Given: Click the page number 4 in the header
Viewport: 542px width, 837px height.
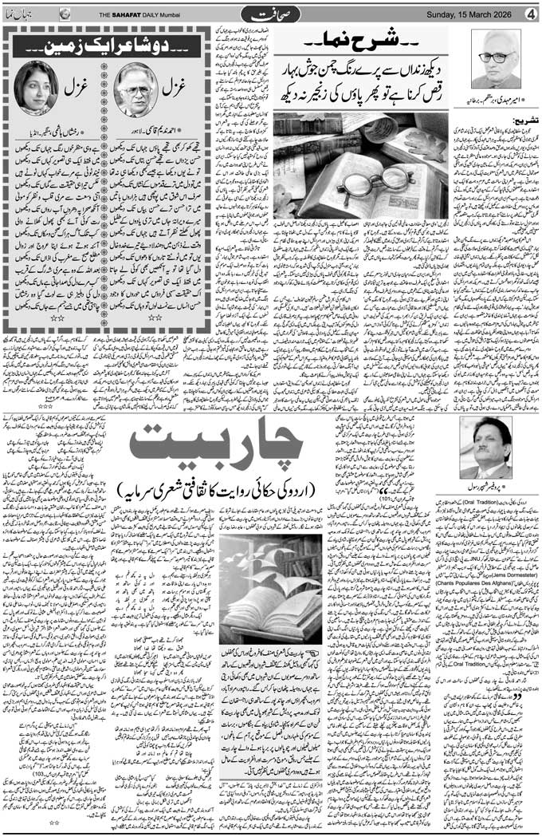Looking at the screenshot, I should (x=531, y=14).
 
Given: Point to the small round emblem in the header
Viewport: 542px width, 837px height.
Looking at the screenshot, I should (x=65, y=14).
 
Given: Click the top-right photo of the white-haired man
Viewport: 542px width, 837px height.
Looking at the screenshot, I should (x=498, y=59).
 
